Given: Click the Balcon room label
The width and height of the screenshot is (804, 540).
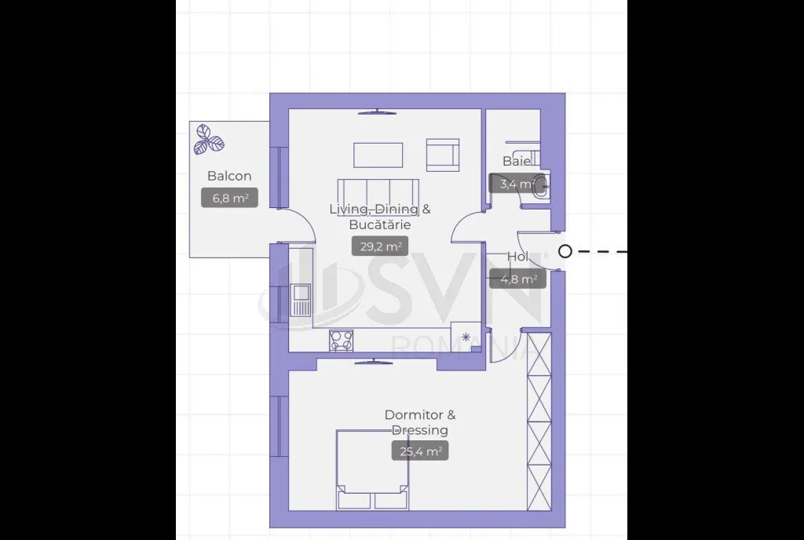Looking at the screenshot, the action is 229,176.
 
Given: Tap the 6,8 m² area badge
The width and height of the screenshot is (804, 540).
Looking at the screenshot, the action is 229,198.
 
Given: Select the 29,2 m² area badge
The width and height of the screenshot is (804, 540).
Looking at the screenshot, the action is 380,246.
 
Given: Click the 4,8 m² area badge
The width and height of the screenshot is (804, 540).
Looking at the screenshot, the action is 517,279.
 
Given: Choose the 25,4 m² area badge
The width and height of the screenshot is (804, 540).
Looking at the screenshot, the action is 420,451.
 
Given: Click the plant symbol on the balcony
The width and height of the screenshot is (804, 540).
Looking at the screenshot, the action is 208,140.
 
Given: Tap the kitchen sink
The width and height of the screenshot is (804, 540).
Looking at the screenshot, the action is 301,301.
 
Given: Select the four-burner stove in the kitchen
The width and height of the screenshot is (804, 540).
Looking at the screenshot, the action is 341,341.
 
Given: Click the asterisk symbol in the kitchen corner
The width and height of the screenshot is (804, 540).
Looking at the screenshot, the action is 466,337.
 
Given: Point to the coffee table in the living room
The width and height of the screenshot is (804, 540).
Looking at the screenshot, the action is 378,155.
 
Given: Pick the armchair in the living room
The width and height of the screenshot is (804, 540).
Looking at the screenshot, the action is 443,155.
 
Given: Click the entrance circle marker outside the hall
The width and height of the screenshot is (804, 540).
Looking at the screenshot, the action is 565,252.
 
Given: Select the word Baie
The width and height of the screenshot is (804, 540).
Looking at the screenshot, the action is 517,161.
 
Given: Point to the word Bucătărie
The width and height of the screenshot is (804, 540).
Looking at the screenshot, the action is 380,224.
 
